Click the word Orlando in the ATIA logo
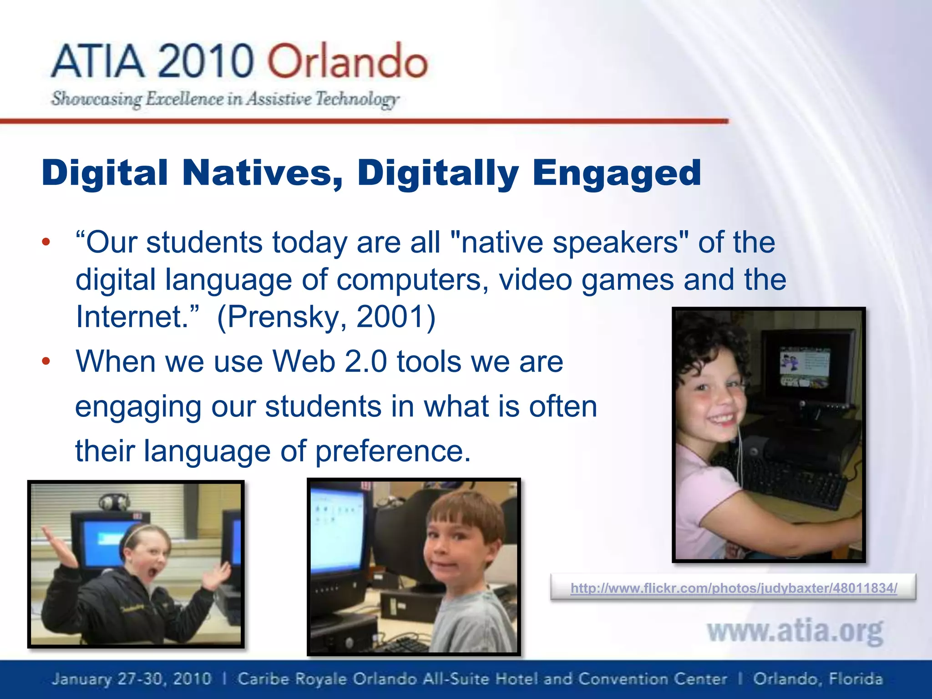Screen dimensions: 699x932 point(347,61)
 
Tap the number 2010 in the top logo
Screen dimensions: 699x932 point(206,61)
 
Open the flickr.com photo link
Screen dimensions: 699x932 point(734,588)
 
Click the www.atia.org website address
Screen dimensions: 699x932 point(795,632)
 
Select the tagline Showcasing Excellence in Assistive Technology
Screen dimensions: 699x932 point(225,99)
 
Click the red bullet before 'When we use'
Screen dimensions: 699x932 point(46,362)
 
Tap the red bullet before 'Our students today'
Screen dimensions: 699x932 point(46,242)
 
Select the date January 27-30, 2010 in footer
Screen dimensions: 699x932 point(132,679)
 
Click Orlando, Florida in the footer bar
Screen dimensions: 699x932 point(818,679)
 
